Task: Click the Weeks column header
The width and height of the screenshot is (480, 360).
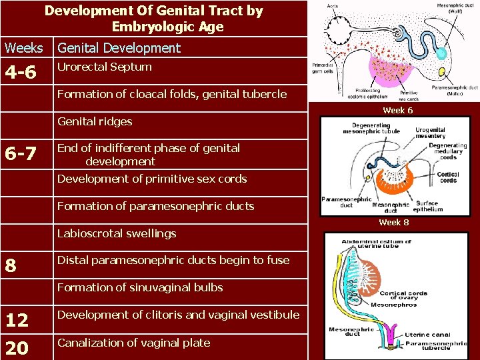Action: tap(24, 48)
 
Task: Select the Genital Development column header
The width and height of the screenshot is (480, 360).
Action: tap(119, 48)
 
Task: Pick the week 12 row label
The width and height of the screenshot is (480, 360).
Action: tap(17, 321)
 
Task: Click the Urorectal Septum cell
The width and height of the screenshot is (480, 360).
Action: tap(105, 67)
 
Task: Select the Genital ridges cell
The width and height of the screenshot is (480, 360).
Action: tap(95, 121)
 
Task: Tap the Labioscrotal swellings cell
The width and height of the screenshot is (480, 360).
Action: tap(117, 233)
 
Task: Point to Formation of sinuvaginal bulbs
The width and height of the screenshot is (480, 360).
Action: tap(140, 287)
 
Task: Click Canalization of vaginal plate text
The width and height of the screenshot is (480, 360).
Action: tap(133, 343)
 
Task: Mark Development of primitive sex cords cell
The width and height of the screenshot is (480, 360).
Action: tap(152, 179)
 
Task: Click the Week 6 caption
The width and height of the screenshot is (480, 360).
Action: tap(397, 110)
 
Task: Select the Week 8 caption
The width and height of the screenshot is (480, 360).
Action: tap(395, 222)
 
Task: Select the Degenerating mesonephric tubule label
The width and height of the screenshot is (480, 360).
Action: tap(377, 128)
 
